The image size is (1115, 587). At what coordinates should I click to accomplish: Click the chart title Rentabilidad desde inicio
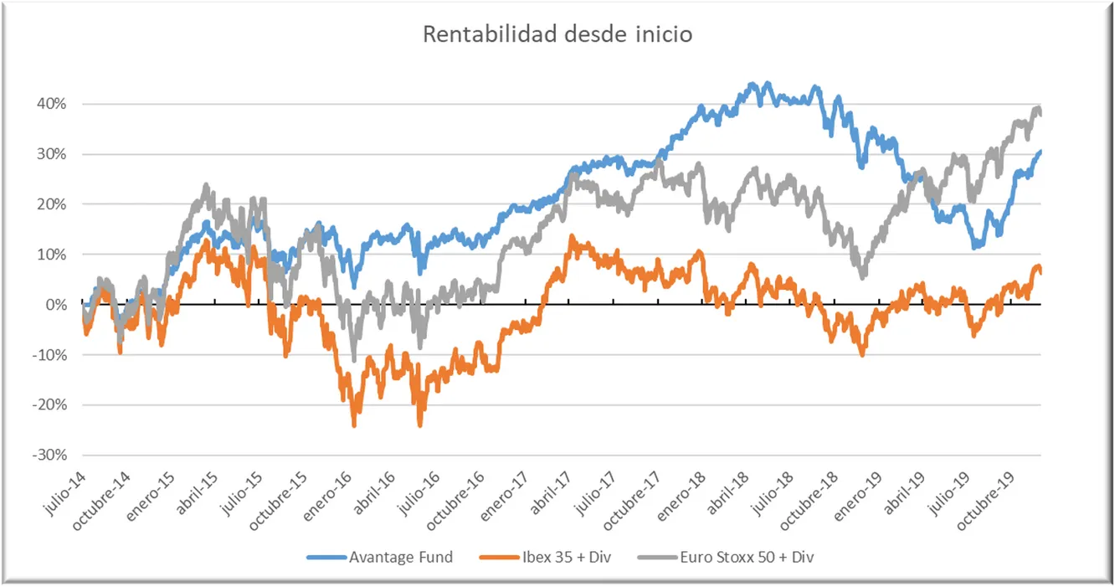(x=557, y=35)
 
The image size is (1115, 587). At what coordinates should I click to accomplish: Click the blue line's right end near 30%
(x=1040, y=152)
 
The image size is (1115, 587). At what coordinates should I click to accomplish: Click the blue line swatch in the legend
(x=326, y=557)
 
